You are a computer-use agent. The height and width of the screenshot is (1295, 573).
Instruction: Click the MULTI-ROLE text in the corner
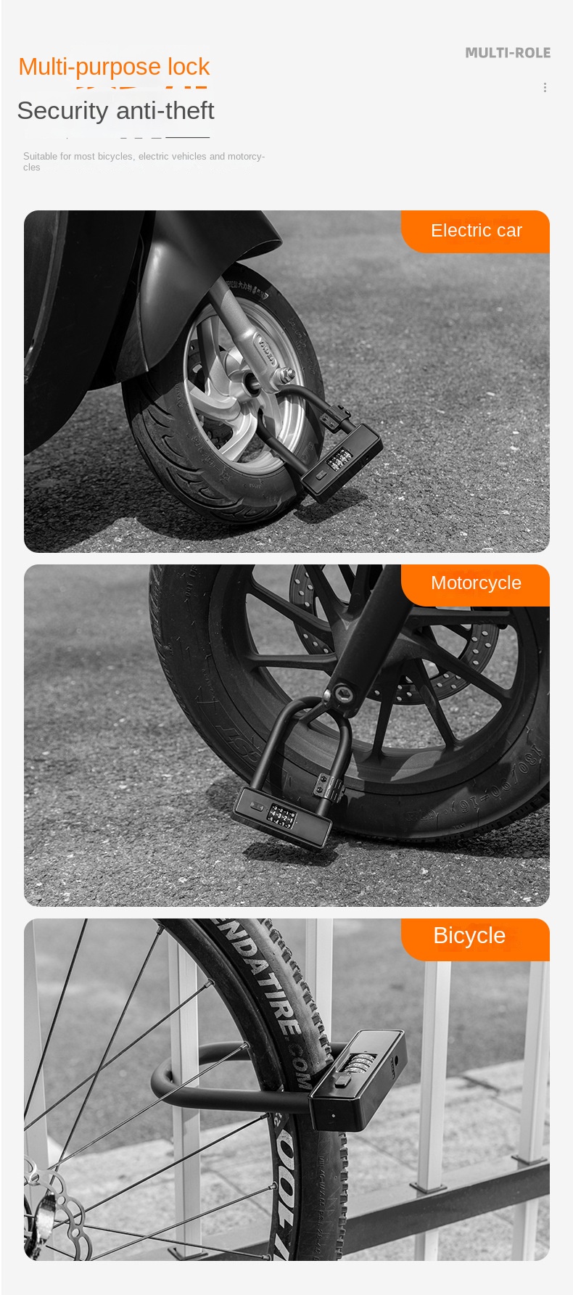(508, 53)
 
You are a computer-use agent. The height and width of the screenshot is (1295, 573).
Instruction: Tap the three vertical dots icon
(545, 88)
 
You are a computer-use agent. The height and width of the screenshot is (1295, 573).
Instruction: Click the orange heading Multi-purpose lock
(114, 67)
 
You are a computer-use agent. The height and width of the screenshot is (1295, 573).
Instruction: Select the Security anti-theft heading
(115, 110)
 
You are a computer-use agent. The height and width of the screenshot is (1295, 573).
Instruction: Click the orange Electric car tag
(476, 231)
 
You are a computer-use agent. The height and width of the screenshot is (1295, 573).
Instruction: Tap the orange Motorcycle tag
(476, 583)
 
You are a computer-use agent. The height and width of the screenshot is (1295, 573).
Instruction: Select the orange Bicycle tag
(469, 936)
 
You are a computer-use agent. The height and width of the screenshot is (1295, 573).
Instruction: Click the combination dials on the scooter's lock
(337, 460)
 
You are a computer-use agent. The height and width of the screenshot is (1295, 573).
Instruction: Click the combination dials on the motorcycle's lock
(281, 817)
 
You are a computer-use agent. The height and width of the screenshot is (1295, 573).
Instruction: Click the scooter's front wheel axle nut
(284, 375)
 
